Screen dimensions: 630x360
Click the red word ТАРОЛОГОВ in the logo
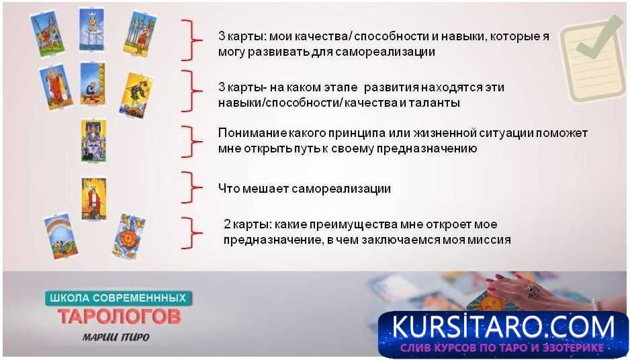pos(120,316)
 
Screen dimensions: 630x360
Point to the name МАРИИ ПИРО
pos(116,337)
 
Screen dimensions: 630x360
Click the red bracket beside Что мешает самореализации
pos(191,187)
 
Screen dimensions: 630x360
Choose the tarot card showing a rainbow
pos(60,236)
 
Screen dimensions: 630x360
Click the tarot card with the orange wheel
pos(128,236)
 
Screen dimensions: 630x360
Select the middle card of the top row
pos(91,30)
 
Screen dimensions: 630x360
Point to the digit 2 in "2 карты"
pos(228,224)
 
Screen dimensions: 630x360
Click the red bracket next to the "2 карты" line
pos(191,232)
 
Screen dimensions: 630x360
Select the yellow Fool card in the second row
pos(136,95)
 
